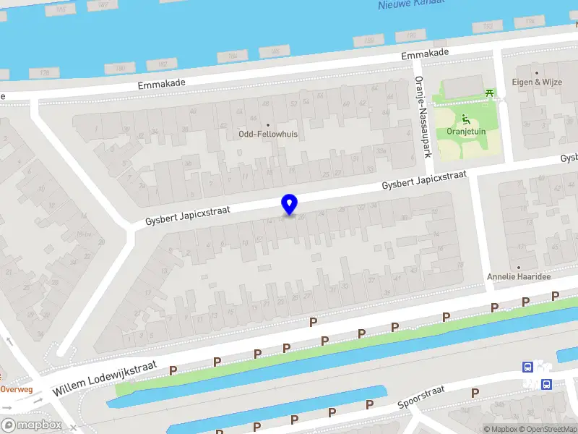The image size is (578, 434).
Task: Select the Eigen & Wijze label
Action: (537, 82)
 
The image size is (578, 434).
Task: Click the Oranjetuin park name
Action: (465, 132)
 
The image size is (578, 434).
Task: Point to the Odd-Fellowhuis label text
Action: (268, 134)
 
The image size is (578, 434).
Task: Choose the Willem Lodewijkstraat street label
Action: (104, 380)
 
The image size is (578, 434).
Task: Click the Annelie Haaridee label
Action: (518, 276)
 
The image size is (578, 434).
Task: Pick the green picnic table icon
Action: (491, 93)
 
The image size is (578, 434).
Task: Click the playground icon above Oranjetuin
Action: (465, 119)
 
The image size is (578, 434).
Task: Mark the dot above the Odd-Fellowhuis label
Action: (268, 124)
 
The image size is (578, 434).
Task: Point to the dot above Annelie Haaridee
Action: (518, 267)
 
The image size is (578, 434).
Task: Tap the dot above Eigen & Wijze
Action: (537, 73)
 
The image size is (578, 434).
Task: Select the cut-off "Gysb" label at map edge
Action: (569, 158)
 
